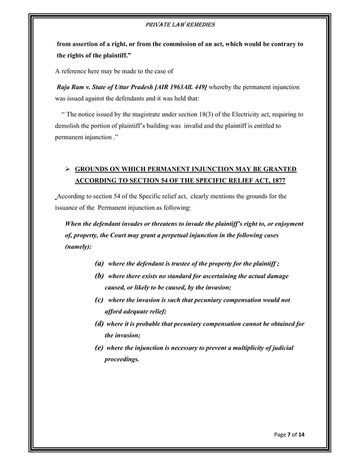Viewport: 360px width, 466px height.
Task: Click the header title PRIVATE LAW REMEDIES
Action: (x=180, y=25)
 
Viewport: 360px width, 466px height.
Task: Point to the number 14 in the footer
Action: (x=307, y=434)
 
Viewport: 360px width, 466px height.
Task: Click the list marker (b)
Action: (x=99, y=276)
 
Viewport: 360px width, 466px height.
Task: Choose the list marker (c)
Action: (x=99, y=300)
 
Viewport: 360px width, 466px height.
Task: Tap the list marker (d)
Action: (x=99, y=324)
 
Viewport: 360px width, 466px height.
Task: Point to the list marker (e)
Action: (x=99, y=348)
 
